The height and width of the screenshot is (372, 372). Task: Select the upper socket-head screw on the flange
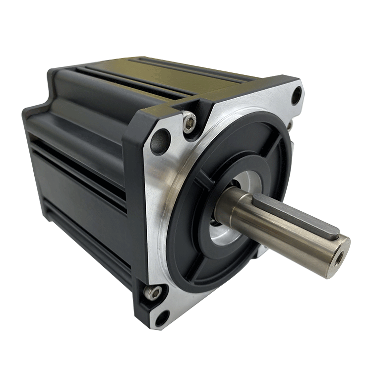tap(189, 122)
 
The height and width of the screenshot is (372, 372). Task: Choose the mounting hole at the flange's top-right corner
tap(296, 94)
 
